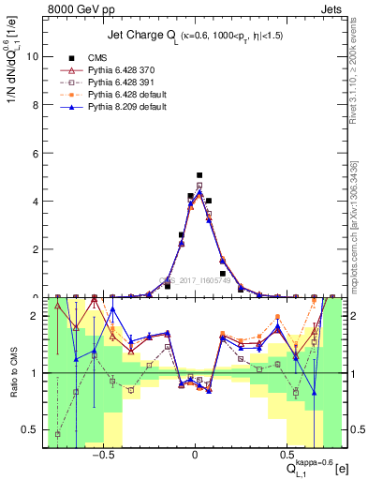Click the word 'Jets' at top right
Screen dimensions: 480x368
click(x=331, y=7)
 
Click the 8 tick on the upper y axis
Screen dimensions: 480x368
click(x=36, y=104)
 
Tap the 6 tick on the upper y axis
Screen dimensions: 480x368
click(x=36, y=153)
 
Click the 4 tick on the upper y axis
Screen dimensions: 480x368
click(x=36, y=201)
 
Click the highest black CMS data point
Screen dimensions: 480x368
click(x=199, y=174)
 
